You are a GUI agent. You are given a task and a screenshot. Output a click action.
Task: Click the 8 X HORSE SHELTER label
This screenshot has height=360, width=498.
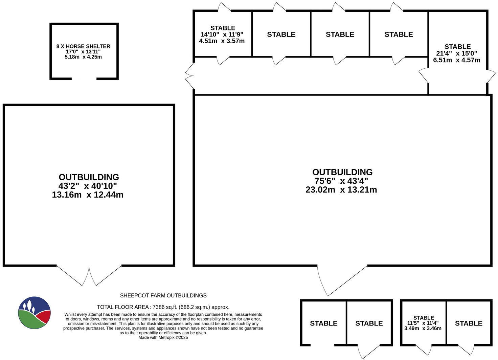(x=83, y=46)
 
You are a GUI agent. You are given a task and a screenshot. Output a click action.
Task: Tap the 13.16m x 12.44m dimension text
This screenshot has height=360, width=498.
(x=88, y=195)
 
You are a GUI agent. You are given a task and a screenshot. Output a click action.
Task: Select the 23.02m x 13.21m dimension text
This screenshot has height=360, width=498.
(x=341, y=190)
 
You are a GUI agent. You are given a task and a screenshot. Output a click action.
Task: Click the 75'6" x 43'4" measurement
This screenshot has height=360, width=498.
(x=341, y=181)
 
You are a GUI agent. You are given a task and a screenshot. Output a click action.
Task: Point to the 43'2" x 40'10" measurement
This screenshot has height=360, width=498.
(x=88, y=186)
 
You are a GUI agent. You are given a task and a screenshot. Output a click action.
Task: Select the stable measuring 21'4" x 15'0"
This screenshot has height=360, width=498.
(x=457, y=53)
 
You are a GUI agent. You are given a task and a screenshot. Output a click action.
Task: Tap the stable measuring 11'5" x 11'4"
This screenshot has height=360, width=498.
(x=423, y=323)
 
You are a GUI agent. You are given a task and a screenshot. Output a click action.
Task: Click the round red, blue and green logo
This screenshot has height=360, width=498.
(x=34, y=313)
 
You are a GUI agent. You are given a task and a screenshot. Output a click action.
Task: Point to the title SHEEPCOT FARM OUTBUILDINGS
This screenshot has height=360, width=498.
(x=163, y=296)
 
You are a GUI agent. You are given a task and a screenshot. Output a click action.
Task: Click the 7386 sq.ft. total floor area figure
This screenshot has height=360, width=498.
(x=163, y=307)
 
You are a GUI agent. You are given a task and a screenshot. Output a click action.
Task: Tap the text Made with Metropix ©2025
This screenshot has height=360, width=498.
(x=163, y=337)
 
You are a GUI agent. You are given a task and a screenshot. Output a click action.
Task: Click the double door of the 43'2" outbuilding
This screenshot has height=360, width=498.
(x=89, y=275)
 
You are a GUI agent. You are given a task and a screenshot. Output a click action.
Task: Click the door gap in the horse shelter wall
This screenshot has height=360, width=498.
(x=84, y=78)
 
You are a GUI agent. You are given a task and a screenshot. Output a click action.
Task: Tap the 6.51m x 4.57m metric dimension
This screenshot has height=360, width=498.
(x=456, y=60)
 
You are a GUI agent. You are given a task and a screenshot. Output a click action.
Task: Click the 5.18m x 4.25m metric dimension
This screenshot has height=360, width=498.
(x=83, y=57)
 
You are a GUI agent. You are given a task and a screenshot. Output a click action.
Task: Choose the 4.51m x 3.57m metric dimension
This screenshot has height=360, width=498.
(x=222, y=41)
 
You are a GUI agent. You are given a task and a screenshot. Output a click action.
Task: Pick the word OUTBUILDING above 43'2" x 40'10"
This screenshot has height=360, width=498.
(x=89, y=177)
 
